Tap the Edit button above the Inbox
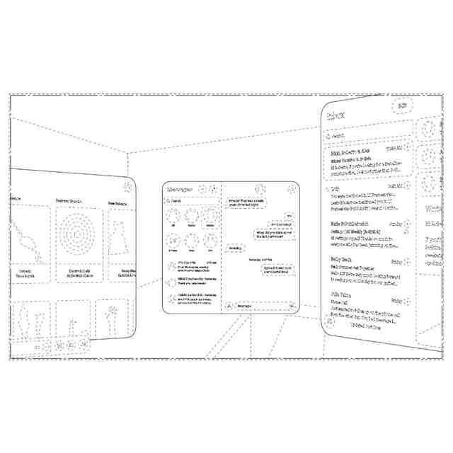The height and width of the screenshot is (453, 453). click(x=402, y=105)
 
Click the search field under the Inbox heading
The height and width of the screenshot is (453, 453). click(x=367, y=134)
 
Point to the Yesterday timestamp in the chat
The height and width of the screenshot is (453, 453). click(x=260, y=259)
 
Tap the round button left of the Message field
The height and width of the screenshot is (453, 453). click(x=229, y=306)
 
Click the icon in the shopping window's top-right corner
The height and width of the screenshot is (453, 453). click(x=126, y=187)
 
